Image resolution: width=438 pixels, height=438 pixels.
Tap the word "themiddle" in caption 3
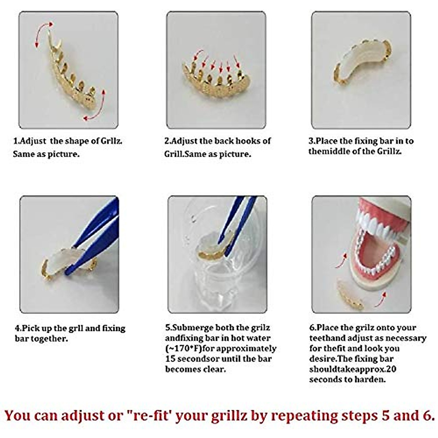329,151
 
